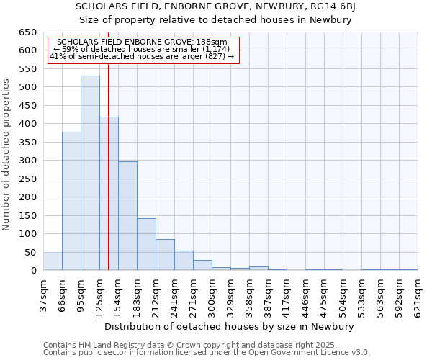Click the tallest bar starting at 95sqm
[x=90, y=173]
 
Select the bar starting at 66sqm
[x=71, y=201]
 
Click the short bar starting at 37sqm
[x=53, y=262]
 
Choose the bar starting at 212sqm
[x=165, y=255]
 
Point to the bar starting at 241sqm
[x=184, y=261]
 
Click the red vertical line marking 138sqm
[x=108, y=180]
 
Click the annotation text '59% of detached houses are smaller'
[x=142, y=49]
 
